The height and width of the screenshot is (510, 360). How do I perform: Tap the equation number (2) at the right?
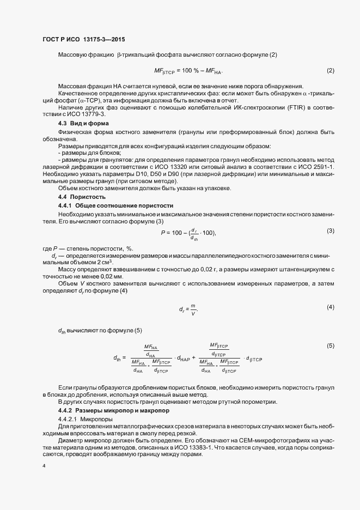click(x=330, y=71)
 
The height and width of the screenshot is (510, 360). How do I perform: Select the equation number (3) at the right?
click(x=330, y=231)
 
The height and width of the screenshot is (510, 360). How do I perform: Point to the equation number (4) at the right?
click(x=330, y=307)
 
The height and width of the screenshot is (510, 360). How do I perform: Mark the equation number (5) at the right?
click(x=330, y=346)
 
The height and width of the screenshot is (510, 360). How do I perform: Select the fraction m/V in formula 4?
click(x=193, y=309)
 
